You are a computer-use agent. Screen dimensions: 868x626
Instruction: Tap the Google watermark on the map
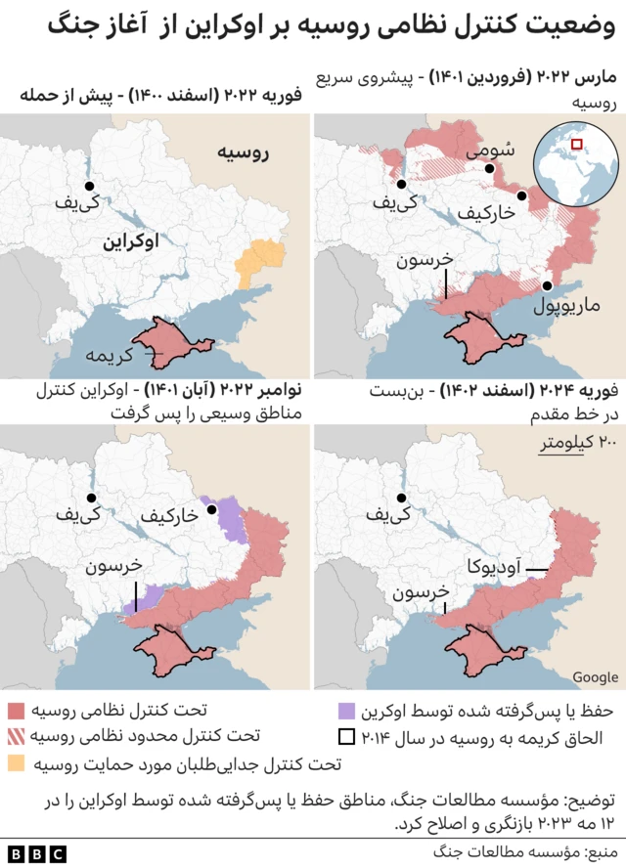tap(595, 677)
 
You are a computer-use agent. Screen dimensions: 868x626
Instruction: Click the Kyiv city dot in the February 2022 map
tap(89, 186)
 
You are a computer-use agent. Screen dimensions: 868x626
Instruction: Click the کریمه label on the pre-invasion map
tap(110, 353)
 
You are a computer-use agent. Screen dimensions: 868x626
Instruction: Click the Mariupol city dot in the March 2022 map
tap(548, 285)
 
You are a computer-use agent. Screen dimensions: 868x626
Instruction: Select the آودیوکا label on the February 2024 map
tap(495, 564)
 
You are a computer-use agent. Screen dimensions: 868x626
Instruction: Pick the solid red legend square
tap(16, 710)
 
